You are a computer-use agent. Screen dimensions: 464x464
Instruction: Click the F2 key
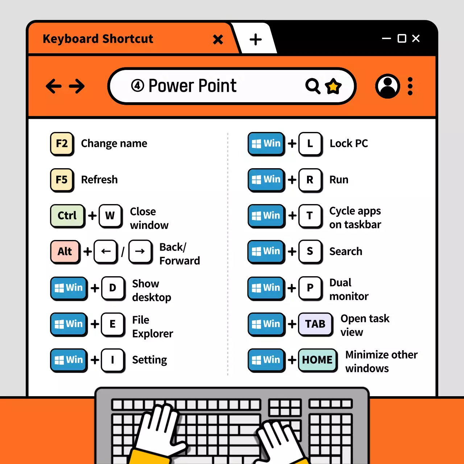point(62,144)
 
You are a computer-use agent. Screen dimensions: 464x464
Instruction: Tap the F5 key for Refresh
point(62,179)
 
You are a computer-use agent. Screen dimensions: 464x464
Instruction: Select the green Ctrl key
point(67,216)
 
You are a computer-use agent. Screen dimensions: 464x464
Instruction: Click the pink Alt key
point(65,251)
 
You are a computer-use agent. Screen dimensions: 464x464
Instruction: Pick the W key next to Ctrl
point(110,216)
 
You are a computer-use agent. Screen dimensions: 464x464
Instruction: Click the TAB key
point(315,324)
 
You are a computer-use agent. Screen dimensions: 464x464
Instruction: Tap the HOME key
point(317,360)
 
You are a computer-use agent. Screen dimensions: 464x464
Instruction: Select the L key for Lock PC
point(310,144)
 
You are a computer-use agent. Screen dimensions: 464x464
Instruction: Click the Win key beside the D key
point(69,288)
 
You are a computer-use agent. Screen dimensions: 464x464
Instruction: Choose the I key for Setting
point(112,360)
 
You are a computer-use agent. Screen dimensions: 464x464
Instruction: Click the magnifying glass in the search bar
point(312,86)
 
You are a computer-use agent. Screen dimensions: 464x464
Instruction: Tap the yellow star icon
point(333,86)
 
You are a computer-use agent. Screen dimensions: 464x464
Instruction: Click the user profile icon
point(388,86)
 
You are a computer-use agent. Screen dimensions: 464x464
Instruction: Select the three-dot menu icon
point(410,86)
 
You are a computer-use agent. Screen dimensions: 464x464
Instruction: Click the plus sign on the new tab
point(256,39)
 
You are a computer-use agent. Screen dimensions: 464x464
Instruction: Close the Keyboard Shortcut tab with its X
point(218,39)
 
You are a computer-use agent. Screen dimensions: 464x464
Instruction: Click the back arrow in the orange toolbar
point(54,86)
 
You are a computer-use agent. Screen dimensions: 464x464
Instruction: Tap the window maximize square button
point(402,38)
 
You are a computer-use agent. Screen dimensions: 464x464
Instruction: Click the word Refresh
point(99,179)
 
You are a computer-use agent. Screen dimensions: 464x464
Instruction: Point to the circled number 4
point(137,86)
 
